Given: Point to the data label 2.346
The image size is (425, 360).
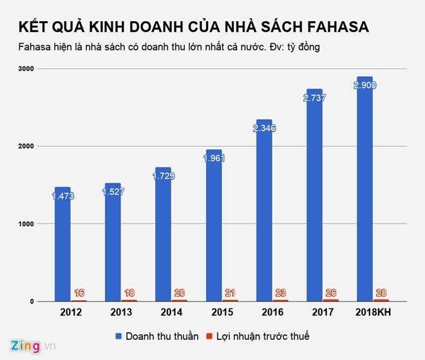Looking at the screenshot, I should (263, 129).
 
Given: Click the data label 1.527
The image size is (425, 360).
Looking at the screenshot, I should (113, 192).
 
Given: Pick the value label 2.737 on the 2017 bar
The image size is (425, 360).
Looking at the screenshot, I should (314, 99).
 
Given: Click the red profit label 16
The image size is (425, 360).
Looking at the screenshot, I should (79, 292).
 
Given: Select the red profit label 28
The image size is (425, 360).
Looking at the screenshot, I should (381, 292).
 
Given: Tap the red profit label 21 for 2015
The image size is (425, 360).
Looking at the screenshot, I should (230, 292).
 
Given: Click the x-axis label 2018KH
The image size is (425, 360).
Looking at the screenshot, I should (373, 312).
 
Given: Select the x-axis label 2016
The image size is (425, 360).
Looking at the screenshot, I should (272, 312).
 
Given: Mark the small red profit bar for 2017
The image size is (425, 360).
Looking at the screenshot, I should (331, 299).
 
